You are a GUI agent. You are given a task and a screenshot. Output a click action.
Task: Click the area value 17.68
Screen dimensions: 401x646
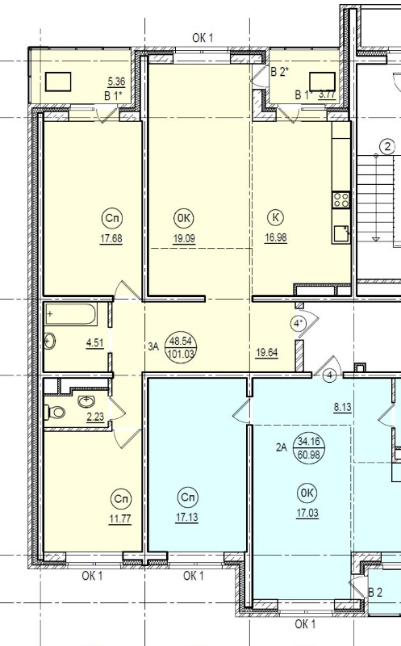tap(111, 238)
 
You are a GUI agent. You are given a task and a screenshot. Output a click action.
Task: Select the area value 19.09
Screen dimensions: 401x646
tap(184, 238)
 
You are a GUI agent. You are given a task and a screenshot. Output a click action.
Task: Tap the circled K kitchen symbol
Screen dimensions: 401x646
tap(275, 217)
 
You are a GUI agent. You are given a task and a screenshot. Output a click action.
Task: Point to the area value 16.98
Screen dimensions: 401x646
tap(276, 237)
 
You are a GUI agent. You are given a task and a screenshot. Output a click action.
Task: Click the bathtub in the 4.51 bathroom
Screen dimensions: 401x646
tap(71, 314)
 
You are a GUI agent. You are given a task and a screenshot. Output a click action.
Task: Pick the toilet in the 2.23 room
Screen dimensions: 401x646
tap(55, 412)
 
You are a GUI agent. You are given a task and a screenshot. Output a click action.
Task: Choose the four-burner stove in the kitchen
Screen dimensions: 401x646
tap(341, 199)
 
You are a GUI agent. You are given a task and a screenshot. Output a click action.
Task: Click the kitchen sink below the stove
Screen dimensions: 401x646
tap(341, 234)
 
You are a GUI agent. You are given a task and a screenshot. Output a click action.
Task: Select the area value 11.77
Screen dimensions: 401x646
tap(120, 518)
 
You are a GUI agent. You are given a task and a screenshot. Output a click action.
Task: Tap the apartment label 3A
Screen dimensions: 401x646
tap(153, 346)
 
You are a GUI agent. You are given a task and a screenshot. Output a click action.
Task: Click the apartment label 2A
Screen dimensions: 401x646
tap(282, 447)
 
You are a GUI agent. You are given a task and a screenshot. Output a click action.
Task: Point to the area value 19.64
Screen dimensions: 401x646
tap(267, 353)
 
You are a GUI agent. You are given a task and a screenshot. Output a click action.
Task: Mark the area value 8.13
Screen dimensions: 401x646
tap(343, 407)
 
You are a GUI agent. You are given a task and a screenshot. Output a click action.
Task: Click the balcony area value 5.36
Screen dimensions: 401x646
tap(116, 82)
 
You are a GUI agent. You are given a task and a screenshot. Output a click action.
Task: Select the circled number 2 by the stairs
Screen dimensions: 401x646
tap(387, 146)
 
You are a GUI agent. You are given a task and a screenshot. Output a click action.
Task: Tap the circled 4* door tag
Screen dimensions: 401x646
tap(299, 324)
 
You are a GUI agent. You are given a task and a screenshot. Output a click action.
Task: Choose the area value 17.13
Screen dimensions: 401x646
tap(187, 517)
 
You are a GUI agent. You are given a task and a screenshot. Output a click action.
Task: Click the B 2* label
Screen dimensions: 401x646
tap(280, 72)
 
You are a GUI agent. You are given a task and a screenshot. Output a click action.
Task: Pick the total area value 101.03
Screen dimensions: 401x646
tap(182, 354)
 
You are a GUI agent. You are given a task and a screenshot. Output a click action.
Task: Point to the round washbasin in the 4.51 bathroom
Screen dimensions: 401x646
tap(50, 341)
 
